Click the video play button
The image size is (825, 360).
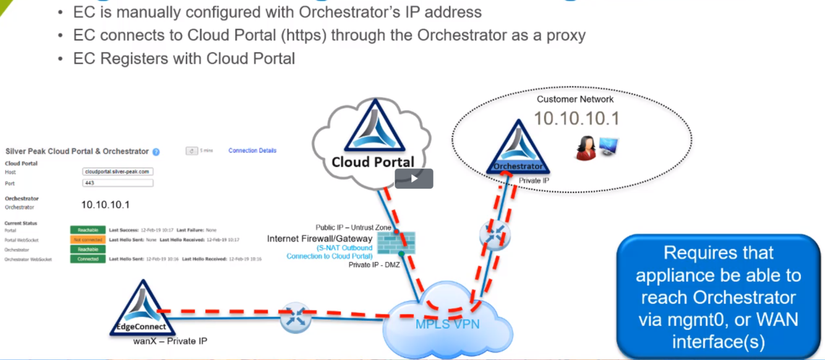414,179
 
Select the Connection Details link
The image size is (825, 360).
252,150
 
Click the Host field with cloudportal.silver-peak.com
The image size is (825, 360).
118,171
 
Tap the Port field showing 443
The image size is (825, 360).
118,183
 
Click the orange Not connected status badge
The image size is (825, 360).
88,239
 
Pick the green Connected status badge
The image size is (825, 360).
88,259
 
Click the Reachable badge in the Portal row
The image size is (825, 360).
88,230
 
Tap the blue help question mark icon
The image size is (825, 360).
156,152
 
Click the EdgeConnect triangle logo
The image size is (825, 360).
142,308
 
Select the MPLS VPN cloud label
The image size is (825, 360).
447,324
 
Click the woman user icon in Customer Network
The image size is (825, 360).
585,149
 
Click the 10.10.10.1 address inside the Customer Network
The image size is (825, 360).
576,118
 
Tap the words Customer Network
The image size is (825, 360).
575,99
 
